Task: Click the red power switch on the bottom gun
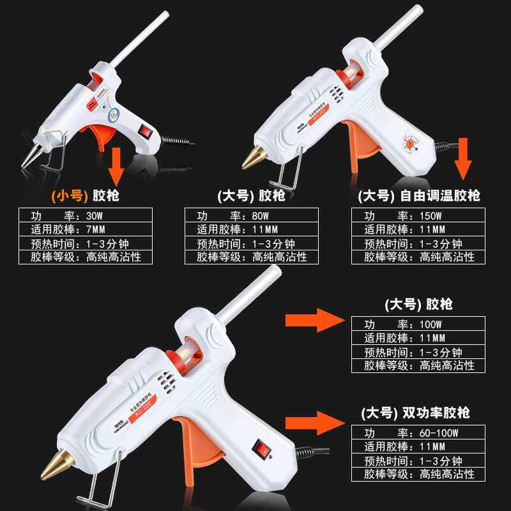click(263, 449)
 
